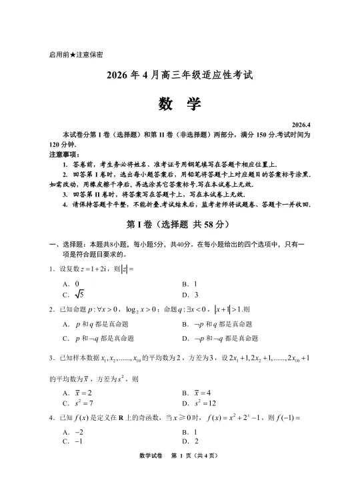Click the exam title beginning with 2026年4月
pos(179,75)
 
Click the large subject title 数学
pos(179,104)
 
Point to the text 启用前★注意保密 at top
pos(76,54)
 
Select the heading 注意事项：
pos(64,154)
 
